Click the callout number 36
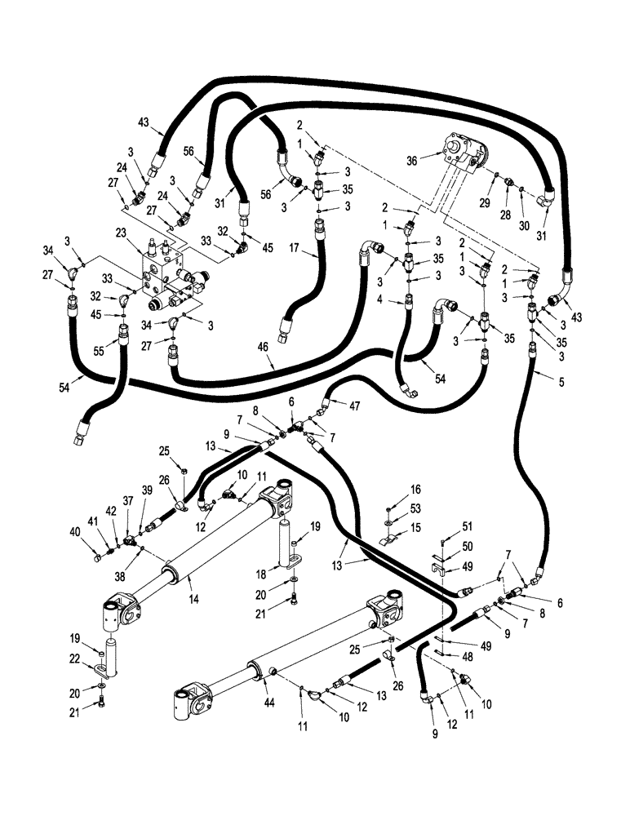point(412,161)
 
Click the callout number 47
point(355,404)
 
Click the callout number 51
point(444,526)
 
